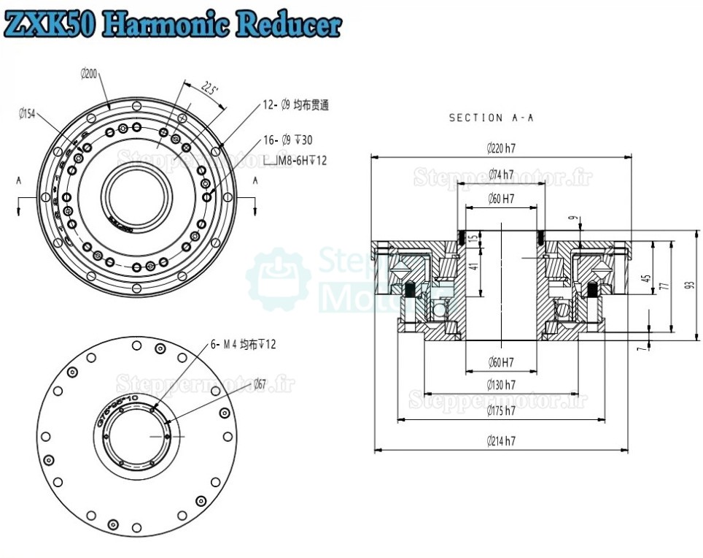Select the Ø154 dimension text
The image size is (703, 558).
click(x=27, y=113)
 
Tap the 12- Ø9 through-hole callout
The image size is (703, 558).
click(x=295, y=105)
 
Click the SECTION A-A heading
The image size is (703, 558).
click(x=491, y=118)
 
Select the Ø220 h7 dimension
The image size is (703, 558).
click(x=501, y=148)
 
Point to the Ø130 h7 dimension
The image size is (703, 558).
click(x=501, y=384)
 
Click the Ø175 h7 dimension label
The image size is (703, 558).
click(x=501, y=411)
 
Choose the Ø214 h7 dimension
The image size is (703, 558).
click(x=501, y=441)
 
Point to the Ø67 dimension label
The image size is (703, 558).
click(x=260, y=383)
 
